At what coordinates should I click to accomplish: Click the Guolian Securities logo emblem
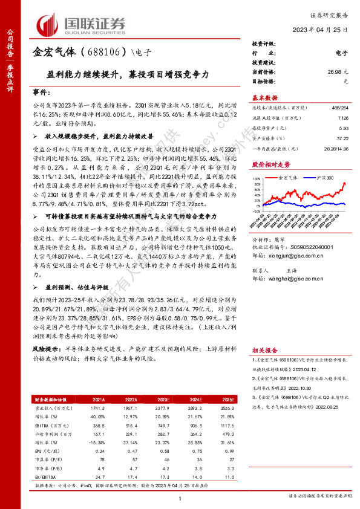pyautogui.click(x=51, y=24)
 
